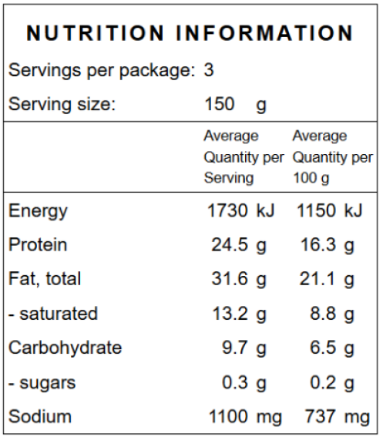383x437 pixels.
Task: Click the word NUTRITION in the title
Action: (x=95, y=33)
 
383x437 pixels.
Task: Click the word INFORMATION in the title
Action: (x=264, y=33)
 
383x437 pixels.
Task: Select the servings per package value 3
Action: (x=209, y=70)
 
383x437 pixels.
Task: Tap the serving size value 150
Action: (x=220, y=104)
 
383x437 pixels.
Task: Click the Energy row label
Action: (x=38, y=211)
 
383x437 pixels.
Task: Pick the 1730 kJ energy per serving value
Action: (x=241, y=210)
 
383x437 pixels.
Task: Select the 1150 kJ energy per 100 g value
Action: (x=329, y=210)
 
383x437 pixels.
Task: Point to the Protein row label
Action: (x=38, y=244)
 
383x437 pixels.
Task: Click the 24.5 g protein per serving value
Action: (x=239, y=246)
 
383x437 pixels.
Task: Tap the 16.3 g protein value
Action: (x=327, y=246)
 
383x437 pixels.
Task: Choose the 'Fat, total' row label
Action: (x=45, y=279)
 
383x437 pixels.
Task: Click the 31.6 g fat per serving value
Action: (x=239, y=280)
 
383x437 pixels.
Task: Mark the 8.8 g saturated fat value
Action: (x=332, y=314)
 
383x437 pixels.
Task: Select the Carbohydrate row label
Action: (x=66, y=348)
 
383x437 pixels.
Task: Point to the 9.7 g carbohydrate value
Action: (x=244, y=348)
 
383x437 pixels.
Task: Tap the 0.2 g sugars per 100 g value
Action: (x=332, y=383)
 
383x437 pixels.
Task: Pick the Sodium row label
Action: (x=40, y=416)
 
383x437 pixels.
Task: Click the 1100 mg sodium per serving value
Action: (x=245, y=417)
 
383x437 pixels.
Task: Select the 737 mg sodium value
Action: (x=338, y=417)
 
